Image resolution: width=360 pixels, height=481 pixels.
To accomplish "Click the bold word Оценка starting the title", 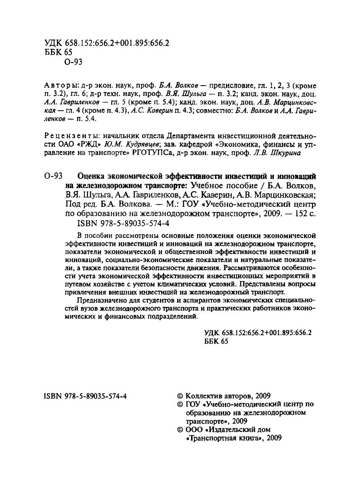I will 90,177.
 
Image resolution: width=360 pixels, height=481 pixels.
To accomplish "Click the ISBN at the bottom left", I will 85,397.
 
